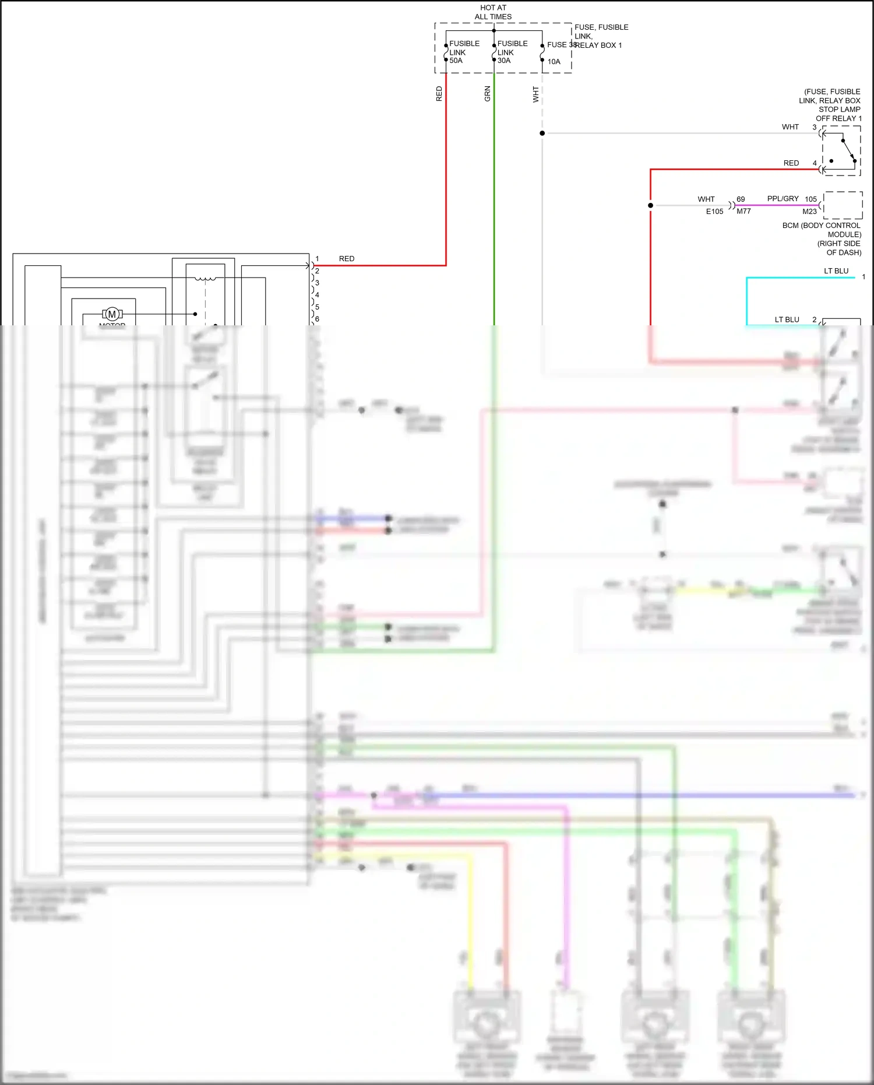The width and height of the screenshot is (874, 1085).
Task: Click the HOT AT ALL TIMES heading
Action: click(x=493, y=12)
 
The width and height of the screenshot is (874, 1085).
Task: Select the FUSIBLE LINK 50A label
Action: click(x=464, y=52)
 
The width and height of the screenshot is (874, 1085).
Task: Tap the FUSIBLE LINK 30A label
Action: click(x=512, y=52)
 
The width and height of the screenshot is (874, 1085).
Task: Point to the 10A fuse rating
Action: click(x=554, y=62)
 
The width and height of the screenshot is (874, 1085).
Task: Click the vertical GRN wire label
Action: click(x=488, y=94)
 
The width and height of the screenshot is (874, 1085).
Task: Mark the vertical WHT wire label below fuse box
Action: click(x=535, y=94)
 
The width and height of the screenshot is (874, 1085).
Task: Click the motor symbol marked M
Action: click(x=112, y=314)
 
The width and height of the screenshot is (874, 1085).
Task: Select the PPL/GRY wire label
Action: click(x=783, y=199)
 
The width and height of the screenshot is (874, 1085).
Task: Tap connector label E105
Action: click(x=714, y=212)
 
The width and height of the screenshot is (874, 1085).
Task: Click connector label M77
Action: click(x=743, y=212)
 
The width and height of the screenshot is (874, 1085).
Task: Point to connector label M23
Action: click(x=809, y=212)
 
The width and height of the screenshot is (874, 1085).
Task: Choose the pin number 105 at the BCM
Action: click(x=810, y=199)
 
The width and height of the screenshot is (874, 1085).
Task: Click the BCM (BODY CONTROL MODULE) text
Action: click(x=822, y=230)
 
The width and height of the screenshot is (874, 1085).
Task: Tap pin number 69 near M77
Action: click(x=741, y=199)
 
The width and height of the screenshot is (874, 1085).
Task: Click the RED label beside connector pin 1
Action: click(x=347, y=259)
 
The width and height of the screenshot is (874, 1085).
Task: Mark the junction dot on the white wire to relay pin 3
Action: click(x=542, y=134)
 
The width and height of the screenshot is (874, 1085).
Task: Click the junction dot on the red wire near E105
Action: click(x=651, y=205)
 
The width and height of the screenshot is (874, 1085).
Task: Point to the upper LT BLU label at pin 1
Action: click(x=836, y=271)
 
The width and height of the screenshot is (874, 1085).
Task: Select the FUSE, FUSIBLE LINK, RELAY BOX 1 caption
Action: click(x=600, y=36)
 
